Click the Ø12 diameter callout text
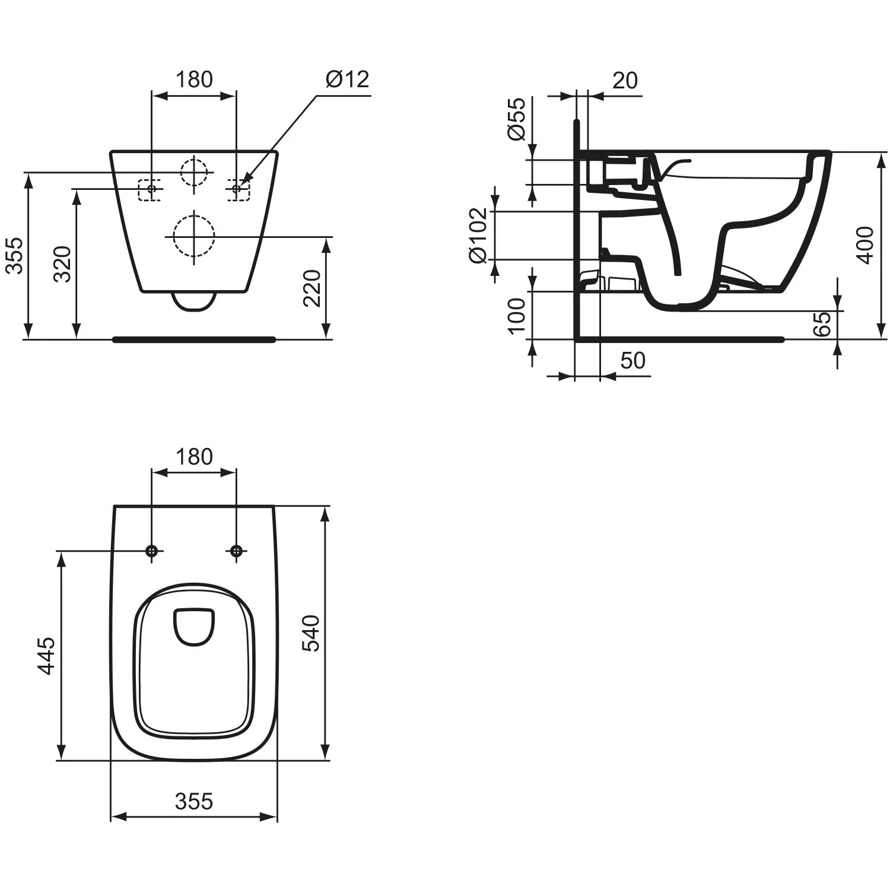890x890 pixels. [x=347, y=79]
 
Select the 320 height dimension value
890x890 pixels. [x=63, y=263]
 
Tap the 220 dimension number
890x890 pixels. [x=312, y=288]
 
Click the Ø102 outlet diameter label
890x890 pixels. [x=478, y=235]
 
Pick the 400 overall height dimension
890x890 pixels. [x=866, y=245]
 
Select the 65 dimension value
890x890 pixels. [x=822, y=324]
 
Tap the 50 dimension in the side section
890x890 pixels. [x=632, y=360]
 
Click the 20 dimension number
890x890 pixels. [x=625, y=80]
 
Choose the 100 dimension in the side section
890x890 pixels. [x=517, y=316]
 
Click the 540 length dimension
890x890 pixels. [x=312, y=633]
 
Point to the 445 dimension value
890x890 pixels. [x=47, y=656]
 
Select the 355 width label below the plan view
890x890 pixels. [x=194, y=801]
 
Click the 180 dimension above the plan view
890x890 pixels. [x=194, y=457]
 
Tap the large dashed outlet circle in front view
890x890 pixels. [x=193, y=236]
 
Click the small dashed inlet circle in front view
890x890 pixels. [x=195, y=172]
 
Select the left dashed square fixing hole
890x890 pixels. [x=150, y=190]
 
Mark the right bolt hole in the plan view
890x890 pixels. [x=236, y=551]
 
